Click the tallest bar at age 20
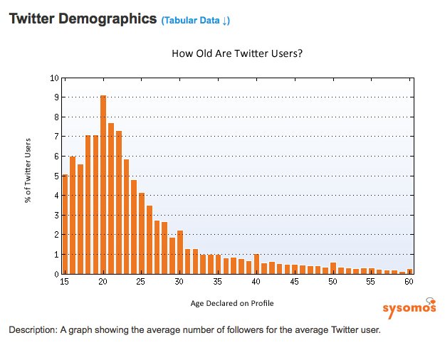click(103, 185)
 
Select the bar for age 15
click(65, 224)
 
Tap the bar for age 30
click(180, 253)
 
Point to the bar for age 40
click(256, 264)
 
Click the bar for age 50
click(333, 268)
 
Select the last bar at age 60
click(410, 271)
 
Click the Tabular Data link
click(195, 21)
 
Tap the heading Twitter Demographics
click(82, 19)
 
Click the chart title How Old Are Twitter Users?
click(237, 53)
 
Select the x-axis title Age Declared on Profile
click(232, 303)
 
